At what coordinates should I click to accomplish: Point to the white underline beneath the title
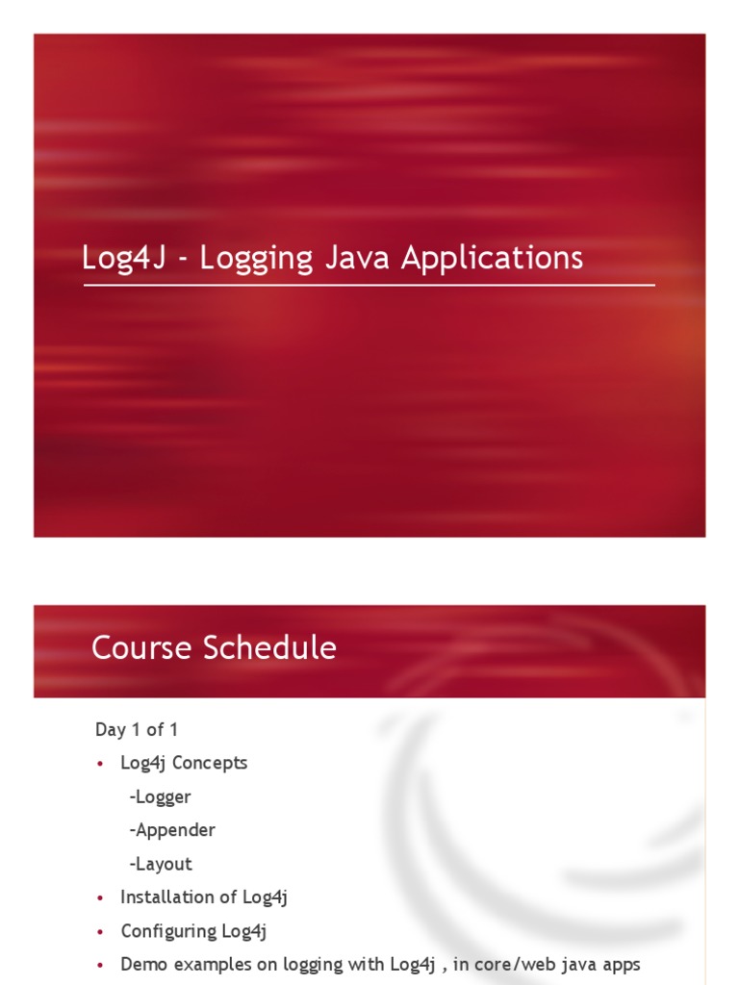(369, 285)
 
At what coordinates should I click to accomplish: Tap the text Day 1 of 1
(137, 729)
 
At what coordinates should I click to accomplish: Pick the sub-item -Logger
(160, 797)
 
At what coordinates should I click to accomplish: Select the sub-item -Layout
(161, 865)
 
